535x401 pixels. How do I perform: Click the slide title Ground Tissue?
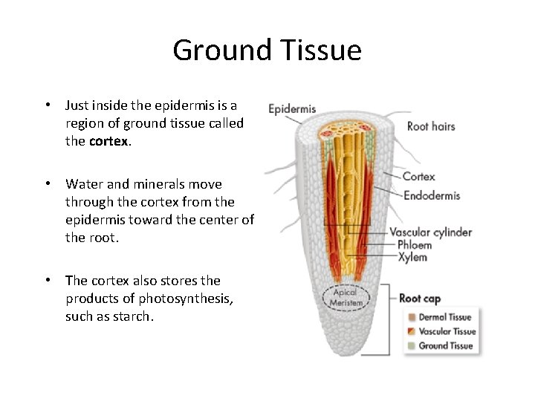point(267,50)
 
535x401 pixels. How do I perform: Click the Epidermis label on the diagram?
point(292,108)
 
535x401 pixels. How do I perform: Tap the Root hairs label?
point(431,126)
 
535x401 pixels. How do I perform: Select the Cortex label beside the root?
point(418,177)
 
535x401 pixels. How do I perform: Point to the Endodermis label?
point(431,195)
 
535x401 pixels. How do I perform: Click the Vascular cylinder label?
point(430,232)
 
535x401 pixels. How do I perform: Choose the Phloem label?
point(415,244)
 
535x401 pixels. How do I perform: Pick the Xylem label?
point(412,257)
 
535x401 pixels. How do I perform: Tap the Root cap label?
point(420,299)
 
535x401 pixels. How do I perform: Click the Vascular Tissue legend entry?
point(447,331)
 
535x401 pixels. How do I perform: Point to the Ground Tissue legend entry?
point(445,345)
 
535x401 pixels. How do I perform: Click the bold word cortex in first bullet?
point(108,141)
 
